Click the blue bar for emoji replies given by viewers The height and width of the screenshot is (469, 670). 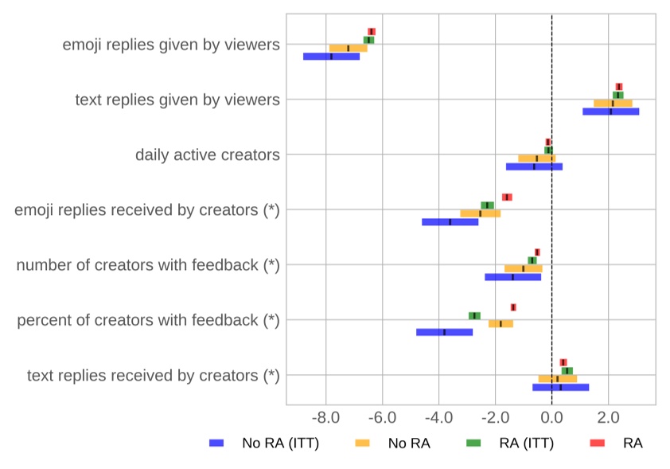point(331,57)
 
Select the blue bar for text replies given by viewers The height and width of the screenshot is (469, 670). point(610,111)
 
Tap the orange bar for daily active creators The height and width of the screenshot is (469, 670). point(536,158)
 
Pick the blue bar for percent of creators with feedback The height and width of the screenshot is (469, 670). point(444,332)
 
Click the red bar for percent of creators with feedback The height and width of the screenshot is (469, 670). point(513,307)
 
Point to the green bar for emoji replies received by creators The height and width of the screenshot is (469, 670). point(487,205)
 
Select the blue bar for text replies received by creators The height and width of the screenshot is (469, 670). point(560,387)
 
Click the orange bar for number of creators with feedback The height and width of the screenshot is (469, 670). point(523,268)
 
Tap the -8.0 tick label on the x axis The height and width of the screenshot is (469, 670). point(325,417)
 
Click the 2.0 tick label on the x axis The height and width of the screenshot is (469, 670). point(609,417)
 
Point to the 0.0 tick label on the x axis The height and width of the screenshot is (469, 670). point(551,417)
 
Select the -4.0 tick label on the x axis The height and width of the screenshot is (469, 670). point(438,417)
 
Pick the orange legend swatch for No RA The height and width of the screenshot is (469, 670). point(363,444)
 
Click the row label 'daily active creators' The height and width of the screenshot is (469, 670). point(207,154)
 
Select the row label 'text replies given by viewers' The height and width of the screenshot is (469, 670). point(177,100)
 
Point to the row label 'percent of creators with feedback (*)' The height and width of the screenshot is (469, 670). point(148,320)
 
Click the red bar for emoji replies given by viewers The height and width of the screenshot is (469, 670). point(372,32)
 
